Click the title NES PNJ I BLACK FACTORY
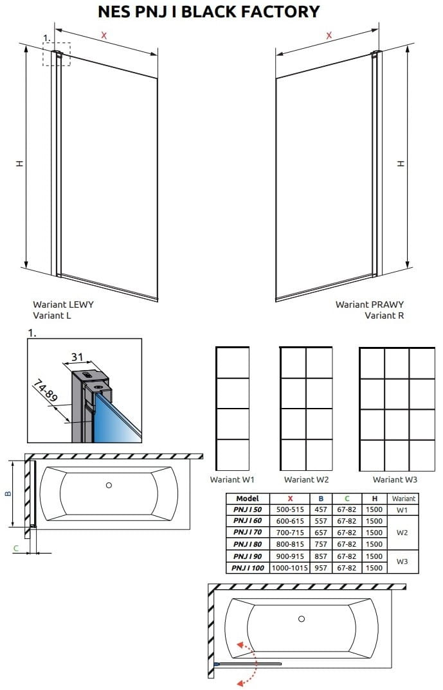209,12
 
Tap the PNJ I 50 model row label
248,509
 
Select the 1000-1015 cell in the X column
290,568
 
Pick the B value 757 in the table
321,544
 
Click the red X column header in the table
290,499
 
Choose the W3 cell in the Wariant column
402,562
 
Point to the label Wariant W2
307,480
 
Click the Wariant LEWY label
64,304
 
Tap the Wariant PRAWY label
370,304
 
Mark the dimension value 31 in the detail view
77,357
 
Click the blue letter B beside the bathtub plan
8,494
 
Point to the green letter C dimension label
16,548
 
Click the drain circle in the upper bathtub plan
109,485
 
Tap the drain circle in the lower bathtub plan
302,619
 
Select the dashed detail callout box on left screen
57,54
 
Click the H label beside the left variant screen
19,163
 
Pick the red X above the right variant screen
329,35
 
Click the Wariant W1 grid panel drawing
233,409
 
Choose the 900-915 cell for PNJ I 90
290,556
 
